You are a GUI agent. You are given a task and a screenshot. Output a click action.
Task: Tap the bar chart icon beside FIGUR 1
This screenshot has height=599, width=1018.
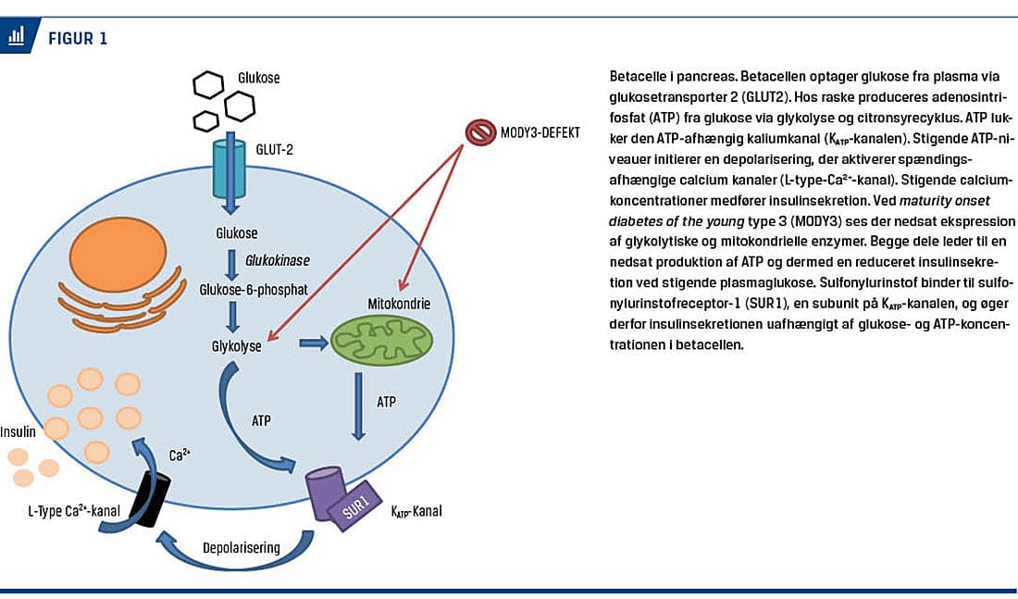[17, 38]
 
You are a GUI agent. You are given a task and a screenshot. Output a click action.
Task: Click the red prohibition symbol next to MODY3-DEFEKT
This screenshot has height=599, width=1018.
[480, 133]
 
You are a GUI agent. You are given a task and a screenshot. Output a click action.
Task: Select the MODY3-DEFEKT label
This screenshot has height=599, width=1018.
[541, 133]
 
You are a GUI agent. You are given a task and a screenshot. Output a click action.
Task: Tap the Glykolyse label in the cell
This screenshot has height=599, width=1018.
[237, 348]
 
